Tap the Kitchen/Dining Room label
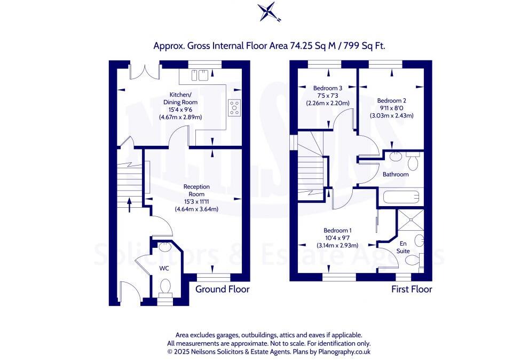pos(181,105)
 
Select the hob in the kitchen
pos(234,107)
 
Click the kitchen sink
pos(198,75)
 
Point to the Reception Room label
pos(196,198)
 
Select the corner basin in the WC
pos(164,247)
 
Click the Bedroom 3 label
pos(328,96)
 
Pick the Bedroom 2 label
pos(391,107)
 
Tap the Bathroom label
pos(396,174)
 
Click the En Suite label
pos(403,247)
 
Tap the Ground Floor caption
pos(222,289)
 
